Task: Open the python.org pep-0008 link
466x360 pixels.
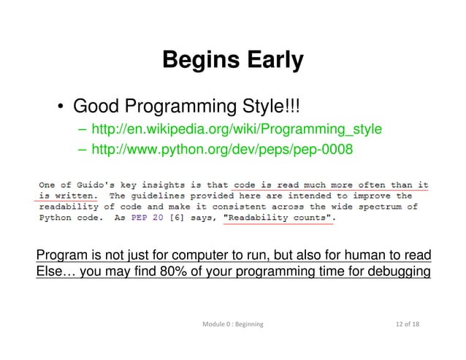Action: point(223,150)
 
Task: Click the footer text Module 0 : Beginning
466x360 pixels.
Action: point(232,322)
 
